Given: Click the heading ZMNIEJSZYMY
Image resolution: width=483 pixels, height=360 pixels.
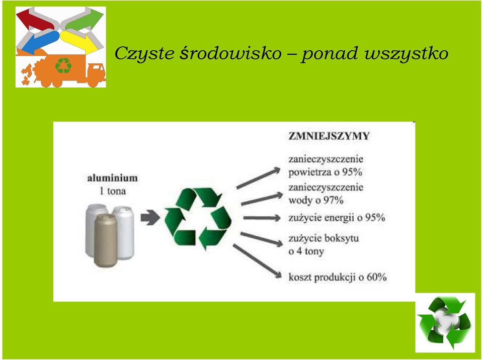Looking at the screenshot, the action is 329,136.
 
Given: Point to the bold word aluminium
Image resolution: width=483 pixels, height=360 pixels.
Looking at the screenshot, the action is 112,178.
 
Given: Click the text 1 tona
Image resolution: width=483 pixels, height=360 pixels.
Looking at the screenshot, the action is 112,191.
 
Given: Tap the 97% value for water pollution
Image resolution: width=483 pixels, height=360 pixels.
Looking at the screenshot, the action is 333,201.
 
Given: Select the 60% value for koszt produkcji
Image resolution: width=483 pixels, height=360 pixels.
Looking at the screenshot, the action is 376,277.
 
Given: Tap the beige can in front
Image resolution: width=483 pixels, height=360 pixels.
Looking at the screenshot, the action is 105,240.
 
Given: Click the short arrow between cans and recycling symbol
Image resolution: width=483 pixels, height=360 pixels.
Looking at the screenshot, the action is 150,217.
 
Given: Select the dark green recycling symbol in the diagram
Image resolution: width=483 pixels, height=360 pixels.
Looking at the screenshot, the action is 198,218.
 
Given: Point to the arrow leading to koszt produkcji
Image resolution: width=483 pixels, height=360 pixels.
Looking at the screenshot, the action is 257,261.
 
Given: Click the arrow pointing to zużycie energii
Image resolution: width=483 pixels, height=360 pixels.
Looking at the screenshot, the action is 262,218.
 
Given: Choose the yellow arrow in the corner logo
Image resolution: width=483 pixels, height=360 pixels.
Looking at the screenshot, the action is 79,41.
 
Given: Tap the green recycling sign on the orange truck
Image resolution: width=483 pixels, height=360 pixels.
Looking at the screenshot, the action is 63,66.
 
